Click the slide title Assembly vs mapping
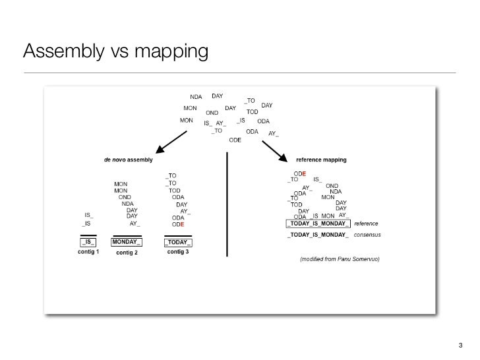(x=115, y=50)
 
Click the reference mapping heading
(x=321, y=160)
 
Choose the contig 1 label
(x=88, y=253)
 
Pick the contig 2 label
(x=127, y=253)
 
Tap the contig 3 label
(x=178, y=253)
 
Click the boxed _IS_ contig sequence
(x=88, y=242)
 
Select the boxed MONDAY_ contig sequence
(x=127, y=242)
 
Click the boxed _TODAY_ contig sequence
(x=178, y=242)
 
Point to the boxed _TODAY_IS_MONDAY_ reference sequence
(x=318, y=224)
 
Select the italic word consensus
(x=368, y=235)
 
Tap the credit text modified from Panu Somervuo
(x=340, y=259)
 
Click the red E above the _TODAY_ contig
(x=182, y=224)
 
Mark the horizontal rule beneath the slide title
(x=239, y=71)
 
